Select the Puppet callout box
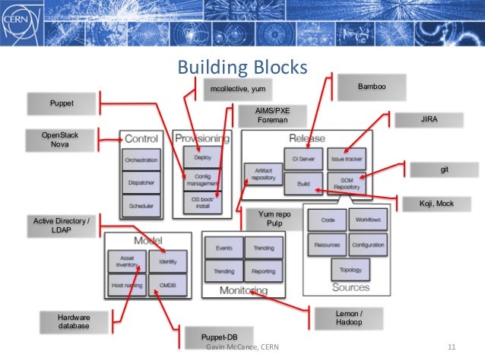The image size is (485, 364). pos(62,102)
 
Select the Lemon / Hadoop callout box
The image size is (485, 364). pos(349,317)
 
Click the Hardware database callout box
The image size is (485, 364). pos(73,321)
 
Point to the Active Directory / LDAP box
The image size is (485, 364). pos(62,225)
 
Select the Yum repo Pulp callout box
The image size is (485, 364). pos(274,220)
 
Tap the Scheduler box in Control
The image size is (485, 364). pos(141,204)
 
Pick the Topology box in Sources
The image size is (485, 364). pos(350,269)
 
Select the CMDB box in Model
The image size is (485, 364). pos(166,285)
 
